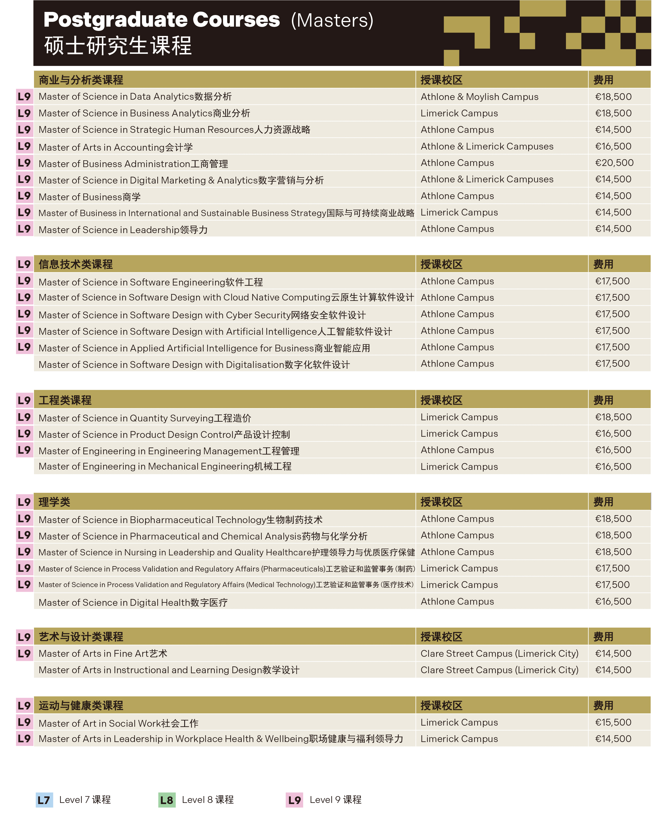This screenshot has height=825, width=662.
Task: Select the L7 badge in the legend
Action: [x=44, y=800]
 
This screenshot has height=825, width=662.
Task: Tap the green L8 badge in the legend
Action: [x=167, y=800]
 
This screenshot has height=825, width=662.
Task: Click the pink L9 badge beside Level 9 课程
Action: [x=294, y=800]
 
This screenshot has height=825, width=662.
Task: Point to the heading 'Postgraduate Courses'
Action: [x=162, y=20]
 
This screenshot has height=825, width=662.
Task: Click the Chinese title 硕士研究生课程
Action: [x=118, y=46]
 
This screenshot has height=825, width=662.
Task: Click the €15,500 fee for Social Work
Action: [x=613, y=722]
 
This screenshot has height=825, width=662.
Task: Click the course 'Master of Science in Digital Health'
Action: [x=133, y=603]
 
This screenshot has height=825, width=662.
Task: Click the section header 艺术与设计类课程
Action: [x=81, y=637]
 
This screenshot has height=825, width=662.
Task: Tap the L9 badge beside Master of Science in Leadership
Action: [x=24, y=229]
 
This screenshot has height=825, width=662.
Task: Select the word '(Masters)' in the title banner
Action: [x=332, y=20]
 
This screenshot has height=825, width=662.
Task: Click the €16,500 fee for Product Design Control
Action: [x=613, y=434]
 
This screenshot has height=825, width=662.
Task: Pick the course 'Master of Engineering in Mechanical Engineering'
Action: [x=165, y=466]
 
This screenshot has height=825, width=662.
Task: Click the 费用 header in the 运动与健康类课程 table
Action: [x=603, y=705]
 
